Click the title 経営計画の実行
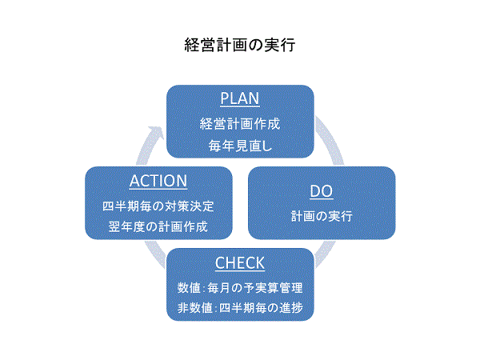pos(239,45)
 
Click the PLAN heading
pos(239,98)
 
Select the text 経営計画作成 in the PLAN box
pos(239,124)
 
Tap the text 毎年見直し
pos(239,146)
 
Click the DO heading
pos(320,191)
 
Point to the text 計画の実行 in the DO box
pos(320,216)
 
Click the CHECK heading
pos(239,263)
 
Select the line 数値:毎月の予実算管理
pos(239,287)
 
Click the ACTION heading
pos(158,182)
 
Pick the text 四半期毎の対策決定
pos(158,206)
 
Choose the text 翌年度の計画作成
pos(158,226)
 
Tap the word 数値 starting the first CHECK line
pos(190,287)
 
